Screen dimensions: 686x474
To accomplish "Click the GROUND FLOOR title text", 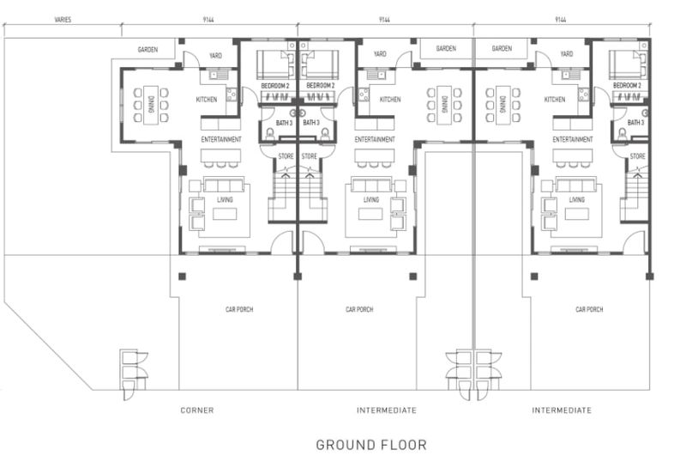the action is tap(371, 445).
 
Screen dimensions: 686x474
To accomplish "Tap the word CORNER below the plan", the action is tap(197, 410).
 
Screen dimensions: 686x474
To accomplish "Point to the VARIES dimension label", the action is tap(63, 20).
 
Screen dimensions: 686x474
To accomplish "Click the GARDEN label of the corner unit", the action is tap(147, 50).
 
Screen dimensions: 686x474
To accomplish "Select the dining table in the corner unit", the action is tap(151, 105).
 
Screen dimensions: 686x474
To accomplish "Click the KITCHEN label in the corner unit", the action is tap(207, 100).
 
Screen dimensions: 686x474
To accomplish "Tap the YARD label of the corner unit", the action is tap(215, 56).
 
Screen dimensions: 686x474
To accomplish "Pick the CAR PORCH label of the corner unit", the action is tap(239, 309).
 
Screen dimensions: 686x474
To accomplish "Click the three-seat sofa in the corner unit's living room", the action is tap(224, 185).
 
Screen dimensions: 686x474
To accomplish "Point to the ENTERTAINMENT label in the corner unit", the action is tap(221, 139).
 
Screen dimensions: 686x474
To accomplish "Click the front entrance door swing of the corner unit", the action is tap(282, 242).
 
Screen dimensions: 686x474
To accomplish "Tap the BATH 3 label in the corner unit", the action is tap(284, 123).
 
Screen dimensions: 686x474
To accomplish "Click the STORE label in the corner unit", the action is tap(286, 156).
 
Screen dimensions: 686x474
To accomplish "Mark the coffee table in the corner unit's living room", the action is tap(225, 214).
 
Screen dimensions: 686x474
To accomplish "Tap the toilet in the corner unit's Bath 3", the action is tap(270, 134).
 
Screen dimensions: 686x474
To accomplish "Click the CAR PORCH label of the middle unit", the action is tap(359, 309).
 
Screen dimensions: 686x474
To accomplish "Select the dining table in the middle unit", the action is tap(444, 105).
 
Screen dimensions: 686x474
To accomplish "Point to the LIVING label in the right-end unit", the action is tap(576, 200).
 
